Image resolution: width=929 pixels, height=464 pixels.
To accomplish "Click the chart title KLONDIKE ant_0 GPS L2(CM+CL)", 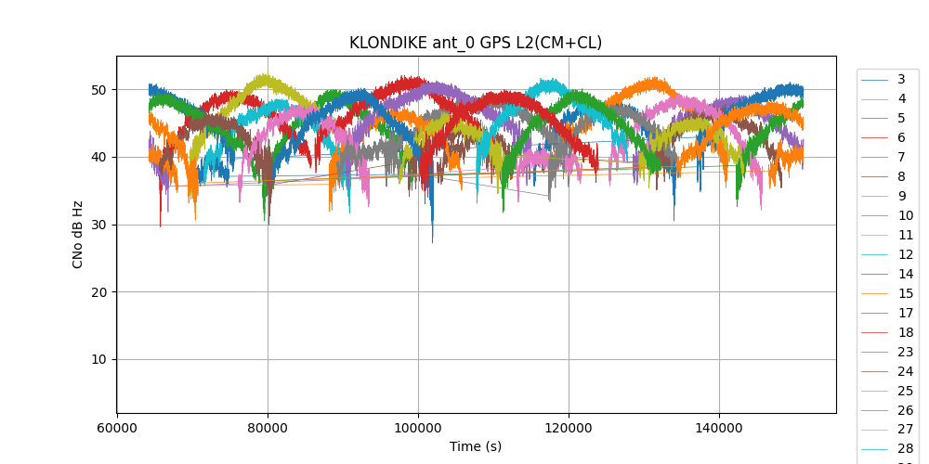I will [x=475, y=43].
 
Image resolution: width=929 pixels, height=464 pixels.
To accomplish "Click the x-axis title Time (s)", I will [x=475, y=446].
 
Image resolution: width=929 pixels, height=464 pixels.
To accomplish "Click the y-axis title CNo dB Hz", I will [x=78, y=234].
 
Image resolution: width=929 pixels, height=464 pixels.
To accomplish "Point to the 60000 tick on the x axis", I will [x=117, y=429].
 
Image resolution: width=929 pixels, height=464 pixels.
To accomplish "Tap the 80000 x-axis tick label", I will [x=268, y=429].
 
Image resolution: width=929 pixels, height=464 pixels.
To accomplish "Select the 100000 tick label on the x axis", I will [x=418, y=429].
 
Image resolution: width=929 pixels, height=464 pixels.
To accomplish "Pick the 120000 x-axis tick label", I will [x=569, y=429].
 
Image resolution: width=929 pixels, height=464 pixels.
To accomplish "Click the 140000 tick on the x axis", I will [x=719, y=429].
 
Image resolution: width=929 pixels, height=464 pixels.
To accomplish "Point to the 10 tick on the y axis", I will [x=98, y=359].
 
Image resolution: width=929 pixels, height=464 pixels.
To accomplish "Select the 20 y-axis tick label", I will [x=98, y=292].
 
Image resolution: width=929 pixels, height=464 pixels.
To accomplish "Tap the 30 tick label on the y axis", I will [x=98, y=225].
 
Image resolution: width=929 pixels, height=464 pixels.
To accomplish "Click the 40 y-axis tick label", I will [x=98, y=157].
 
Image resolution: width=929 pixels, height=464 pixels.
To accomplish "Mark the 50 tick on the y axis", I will [x=98, y=90].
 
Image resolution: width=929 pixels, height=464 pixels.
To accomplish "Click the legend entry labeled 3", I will [x=901, y=79].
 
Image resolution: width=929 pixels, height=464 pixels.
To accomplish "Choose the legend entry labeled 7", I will [x=901, y=157].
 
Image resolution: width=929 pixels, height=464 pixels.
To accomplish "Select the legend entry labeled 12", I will [x=905, y=254].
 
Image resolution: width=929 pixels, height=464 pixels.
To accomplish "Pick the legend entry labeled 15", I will [x=905, y=293].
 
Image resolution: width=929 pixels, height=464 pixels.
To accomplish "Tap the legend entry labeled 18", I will [x=905, y=332].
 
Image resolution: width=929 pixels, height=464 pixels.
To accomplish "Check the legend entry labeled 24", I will [x=905, y=371].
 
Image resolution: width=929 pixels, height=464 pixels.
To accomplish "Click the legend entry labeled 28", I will [x=905, y=449].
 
